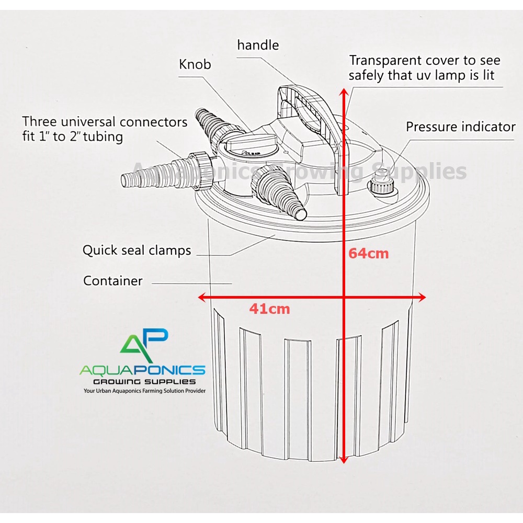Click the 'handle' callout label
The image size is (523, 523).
pos(258,45)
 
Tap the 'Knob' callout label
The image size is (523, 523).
pos(195,64)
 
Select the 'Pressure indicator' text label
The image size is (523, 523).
pos(461,127)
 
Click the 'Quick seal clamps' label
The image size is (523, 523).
pos(137,251)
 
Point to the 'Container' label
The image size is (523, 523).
pos(113,281)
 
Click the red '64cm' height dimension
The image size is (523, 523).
pos(369,254)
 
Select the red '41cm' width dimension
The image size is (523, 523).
pos(269,309)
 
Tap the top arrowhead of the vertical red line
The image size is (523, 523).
pos(344,93)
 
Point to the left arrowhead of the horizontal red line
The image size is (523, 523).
pos(201,298)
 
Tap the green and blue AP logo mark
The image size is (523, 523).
pos(144,345)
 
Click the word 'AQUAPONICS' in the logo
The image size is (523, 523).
pos(142,370)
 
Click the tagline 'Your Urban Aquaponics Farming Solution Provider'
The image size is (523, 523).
pos(144,391)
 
